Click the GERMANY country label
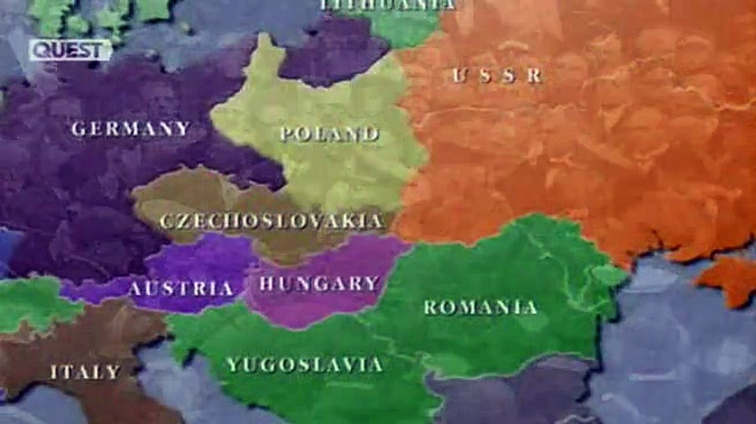pyautogui.click(x=130, y=128)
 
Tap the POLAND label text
pyautogui.click(x=329, y=134)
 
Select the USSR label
pyautogui.click(x=497, y=75)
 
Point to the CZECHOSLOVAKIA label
pyautogui.click(x=272, y=221)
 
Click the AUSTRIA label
pyautogui.click(x=180, y=289)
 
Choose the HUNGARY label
pyautogui.click(x=319, y=284)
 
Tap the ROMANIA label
pyautogui.click(x=480, y=307)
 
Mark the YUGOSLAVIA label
pyautogui.click(x=305, y=365)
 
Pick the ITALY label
pyautogui.click(x=85, y=372)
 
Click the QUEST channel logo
pyautogui.click(x=70, y=50)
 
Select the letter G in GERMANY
pyautogui.click(x=78, y=129)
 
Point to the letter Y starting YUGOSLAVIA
pyautogui.click(x=233, y=365)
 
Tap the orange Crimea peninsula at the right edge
pyautogui.click(x=731, y=280)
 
